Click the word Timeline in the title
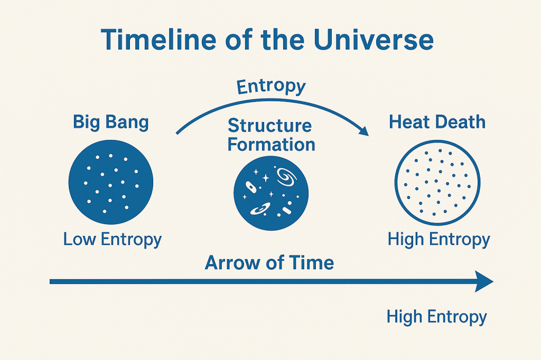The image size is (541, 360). click(x=158, y=40)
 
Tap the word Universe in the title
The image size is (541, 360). click(x=374, y=40)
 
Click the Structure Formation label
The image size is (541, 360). click(x=271, y=135)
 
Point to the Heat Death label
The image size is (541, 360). click(x=437, y=122)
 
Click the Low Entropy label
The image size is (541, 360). click(x=113, y=240)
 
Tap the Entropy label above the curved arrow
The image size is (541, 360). click(x=271, y=86)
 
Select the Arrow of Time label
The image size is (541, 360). click(x=269, y=263)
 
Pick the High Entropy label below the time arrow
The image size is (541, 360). click(x=436, y=317)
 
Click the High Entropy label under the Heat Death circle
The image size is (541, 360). click(x=439, y=240)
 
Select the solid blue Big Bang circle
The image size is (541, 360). click(x=111, y=182)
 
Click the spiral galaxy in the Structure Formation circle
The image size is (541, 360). click(x=286, y=177)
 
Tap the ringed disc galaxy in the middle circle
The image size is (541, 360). click(x=260, y=209)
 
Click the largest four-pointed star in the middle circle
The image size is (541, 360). click(x=266, y=178)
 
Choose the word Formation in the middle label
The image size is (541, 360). click(x=271, y=144)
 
